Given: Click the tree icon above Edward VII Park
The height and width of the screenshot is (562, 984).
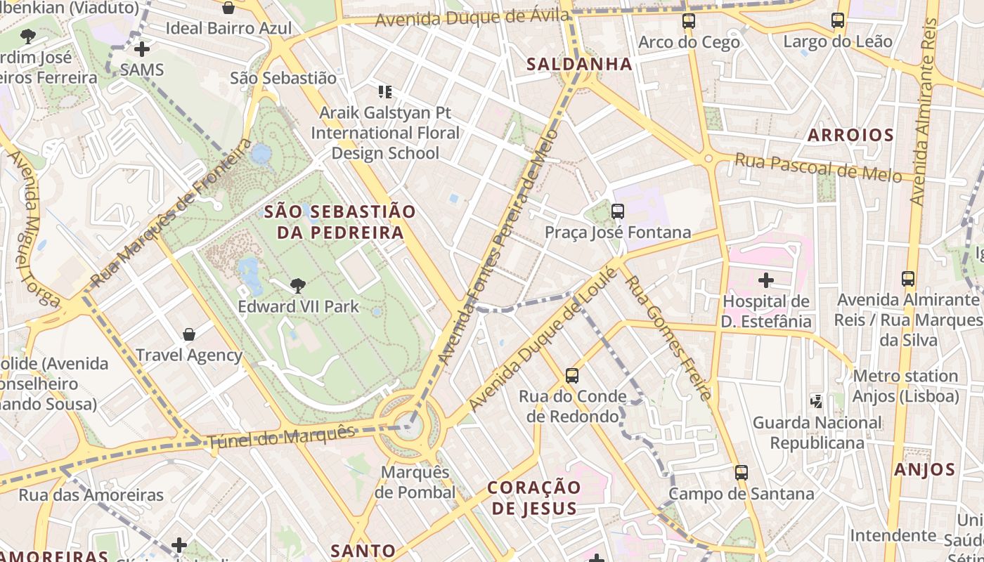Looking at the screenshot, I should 297,285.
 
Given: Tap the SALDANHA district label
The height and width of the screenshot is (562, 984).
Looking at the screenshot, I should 580,65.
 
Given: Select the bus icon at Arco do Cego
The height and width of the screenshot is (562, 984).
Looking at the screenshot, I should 689,22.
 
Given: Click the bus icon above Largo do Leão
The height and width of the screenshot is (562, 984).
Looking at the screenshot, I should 837,20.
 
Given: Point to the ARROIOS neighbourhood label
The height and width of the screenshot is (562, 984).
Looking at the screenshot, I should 850,135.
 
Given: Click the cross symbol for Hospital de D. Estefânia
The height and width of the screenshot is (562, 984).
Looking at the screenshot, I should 765,281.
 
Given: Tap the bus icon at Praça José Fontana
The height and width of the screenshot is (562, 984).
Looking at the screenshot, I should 617,211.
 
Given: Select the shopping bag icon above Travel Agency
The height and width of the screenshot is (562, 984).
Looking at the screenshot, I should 188,334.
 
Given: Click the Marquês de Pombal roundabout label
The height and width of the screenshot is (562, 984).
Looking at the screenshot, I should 415,482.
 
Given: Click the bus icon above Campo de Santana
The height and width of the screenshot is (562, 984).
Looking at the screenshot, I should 741,473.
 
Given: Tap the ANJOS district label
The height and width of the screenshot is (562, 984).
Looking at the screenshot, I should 924,470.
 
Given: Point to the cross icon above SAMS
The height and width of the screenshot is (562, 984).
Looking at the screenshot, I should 142,49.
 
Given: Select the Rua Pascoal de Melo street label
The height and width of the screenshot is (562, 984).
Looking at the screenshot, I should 817,168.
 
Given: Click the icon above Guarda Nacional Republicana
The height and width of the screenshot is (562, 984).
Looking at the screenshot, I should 816,402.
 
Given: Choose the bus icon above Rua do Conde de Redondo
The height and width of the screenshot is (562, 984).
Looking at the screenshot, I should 571,376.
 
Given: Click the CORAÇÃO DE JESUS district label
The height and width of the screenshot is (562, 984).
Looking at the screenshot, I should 534,497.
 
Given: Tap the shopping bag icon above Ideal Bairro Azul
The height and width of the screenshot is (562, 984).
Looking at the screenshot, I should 228,8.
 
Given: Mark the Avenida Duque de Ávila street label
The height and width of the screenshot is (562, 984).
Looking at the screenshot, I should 472,18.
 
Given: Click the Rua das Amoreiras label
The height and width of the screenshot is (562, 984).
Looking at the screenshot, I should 91,495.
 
